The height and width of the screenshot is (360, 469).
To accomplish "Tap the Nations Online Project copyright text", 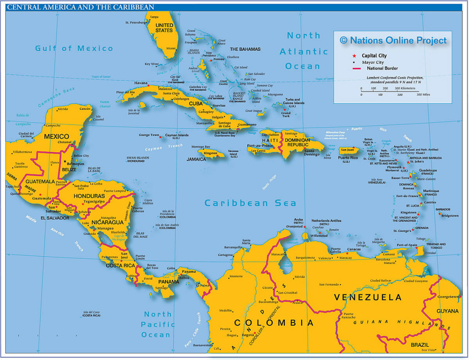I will pos(393,40).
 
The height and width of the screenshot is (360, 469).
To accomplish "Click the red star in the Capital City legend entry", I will pos(354,56).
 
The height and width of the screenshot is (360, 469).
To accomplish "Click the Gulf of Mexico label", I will pos(74,48).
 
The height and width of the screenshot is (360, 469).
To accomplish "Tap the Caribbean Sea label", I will pos(250,203).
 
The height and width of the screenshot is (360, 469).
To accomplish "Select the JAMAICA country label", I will pos(196,160).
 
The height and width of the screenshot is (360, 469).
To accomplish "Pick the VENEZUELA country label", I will pos(367,297).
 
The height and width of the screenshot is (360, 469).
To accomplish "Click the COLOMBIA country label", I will pos(274,323).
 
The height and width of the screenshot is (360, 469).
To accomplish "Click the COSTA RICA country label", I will pos(120,266).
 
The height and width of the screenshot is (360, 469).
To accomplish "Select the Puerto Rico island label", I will pos(348,158).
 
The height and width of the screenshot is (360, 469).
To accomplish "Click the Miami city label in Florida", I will pos(171,48).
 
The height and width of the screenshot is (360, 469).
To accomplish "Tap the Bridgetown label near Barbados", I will pos(449,215).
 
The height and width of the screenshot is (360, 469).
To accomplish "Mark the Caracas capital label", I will pos(354,249).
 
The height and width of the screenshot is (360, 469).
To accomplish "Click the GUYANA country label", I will pos(447,311).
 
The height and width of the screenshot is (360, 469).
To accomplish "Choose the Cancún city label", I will pos(85,109).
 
